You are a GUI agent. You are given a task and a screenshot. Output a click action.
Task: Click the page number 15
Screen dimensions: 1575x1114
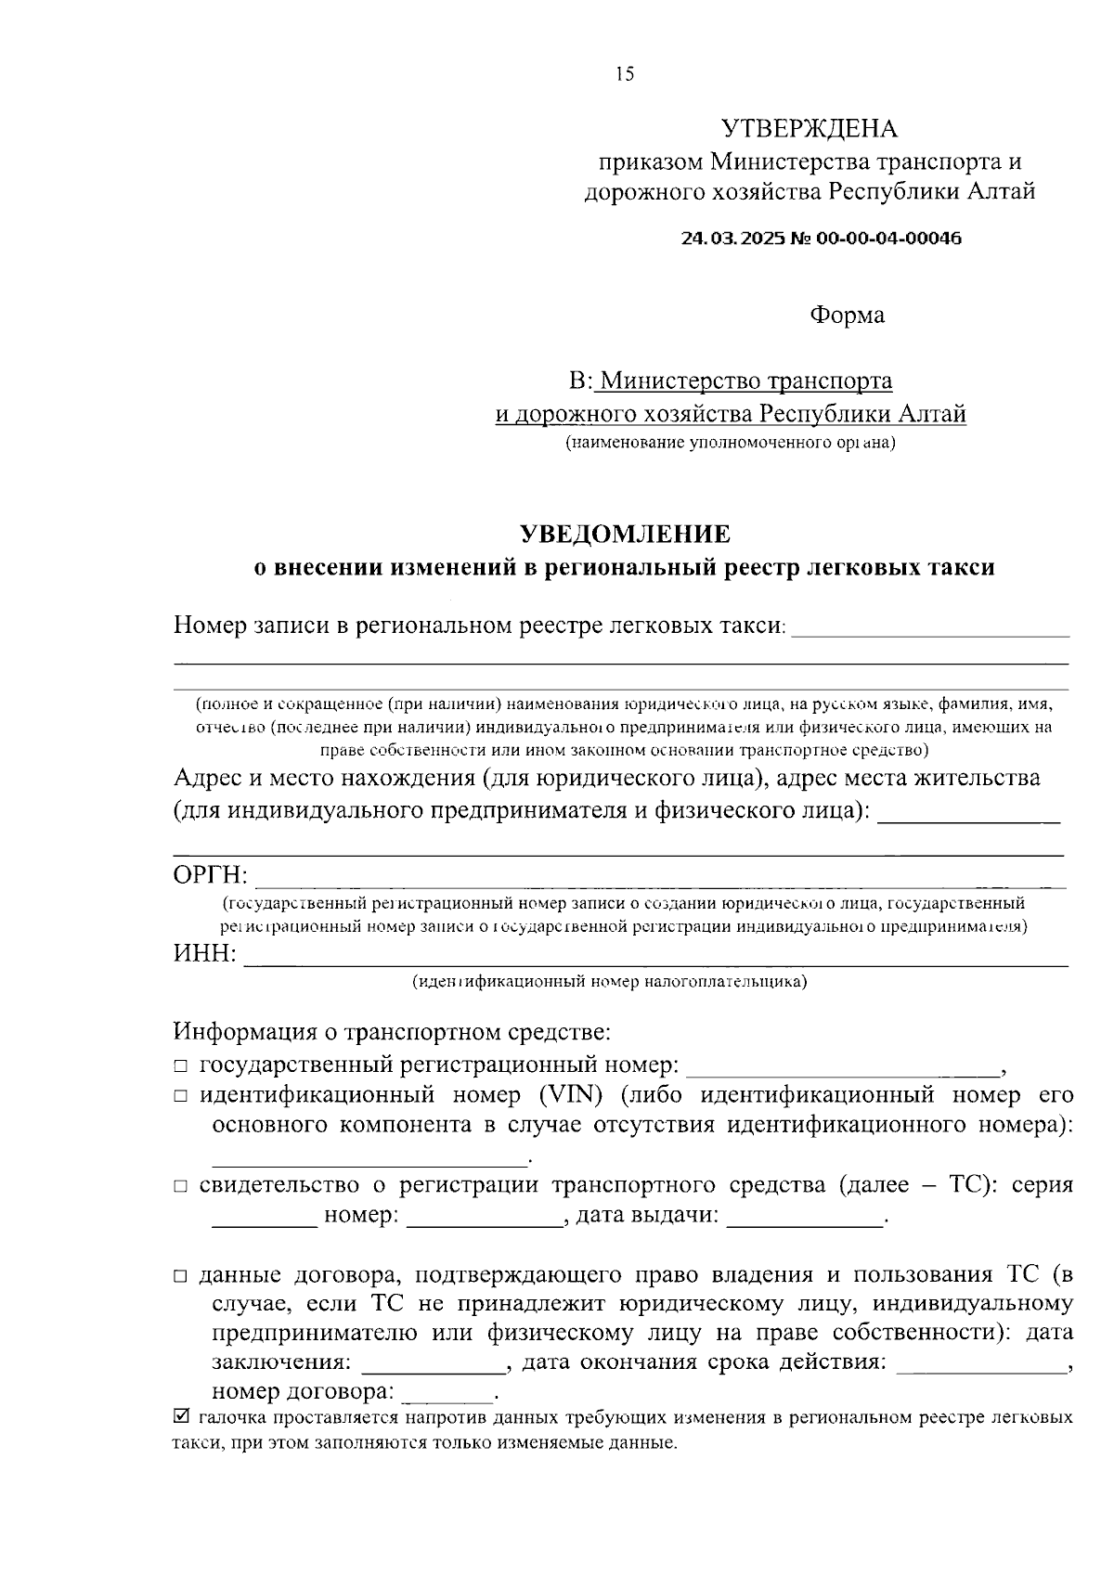point(624,75)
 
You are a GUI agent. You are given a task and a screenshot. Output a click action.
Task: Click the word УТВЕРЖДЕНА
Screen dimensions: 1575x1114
point(810,129)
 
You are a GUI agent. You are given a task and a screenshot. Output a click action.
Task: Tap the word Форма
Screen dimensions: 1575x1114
point(847,316)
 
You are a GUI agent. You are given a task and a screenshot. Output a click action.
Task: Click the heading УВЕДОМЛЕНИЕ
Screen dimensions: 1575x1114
point(625,536)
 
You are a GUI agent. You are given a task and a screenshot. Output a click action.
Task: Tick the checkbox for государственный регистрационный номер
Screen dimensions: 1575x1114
point(181,1068)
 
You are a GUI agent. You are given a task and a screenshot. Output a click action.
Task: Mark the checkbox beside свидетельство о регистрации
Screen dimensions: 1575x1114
point(181,1187)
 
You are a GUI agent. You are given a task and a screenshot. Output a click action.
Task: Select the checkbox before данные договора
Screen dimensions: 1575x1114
point(181,1277)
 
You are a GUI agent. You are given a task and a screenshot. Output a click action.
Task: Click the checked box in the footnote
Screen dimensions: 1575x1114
point(181,1418)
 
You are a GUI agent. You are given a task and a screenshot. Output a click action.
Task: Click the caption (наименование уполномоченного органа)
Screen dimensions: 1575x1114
point(731,443)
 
